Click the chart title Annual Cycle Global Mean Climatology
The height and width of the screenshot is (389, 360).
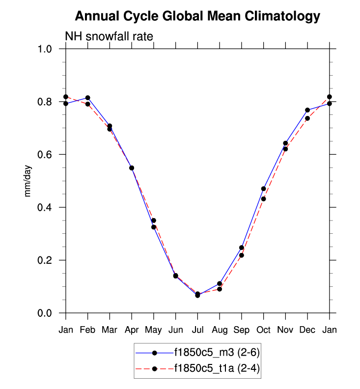point(197,17)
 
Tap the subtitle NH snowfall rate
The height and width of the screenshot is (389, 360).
point(110,37)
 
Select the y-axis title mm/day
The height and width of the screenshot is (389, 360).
point(28,181)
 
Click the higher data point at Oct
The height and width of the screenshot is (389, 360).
point(264,189)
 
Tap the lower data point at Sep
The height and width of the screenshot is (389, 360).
point(242,255)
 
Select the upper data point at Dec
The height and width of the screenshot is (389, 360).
point(307,110)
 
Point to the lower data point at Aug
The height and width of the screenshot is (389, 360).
point(220,289)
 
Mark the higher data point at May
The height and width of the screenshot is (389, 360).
point(154,221)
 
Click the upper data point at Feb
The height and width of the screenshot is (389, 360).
point(87,98)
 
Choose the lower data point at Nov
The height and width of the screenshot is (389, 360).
point(285,149)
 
